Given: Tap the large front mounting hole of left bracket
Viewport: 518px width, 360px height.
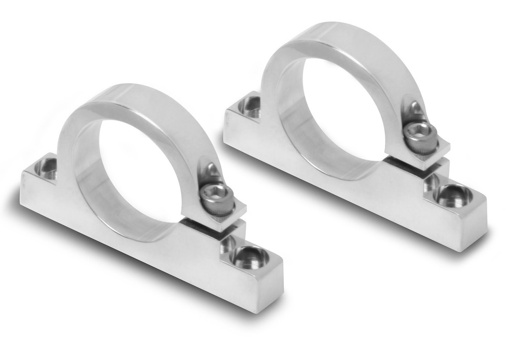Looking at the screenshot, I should tap(249, 257).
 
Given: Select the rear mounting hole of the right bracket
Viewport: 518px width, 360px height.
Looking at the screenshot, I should tap(250, 106).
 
